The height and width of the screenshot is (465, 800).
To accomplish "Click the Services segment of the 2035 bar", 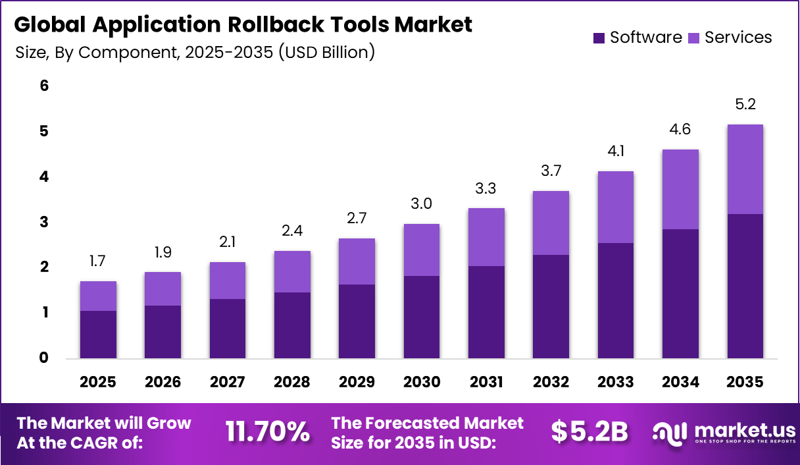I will [745, 169].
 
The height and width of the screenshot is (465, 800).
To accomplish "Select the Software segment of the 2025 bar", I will [98, 335].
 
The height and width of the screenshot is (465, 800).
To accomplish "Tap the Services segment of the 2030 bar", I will [421, 250].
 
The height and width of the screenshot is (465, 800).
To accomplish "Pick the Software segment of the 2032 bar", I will [551, 306].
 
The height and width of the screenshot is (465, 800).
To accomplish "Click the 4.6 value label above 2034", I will [681, 129].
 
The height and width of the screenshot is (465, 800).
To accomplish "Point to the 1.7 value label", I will [98, 262].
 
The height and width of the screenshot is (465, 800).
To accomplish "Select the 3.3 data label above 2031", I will [486, 188].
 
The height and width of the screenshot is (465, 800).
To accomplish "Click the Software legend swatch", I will [599, 38].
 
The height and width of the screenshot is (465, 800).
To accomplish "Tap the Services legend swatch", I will [694, 38].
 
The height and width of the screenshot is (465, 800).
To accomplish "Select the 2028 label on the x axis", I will [292, 382].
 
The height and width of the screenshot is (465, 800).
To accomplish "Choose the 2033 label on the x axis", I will [616, 382].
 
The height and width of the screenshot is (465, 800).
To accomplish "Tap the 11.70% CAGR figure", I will [268, 431].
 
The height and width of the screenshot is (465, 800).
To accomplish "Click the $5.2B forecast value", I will [589, 431].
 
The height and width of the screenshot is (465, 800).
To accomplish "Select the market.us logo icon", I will [670, 431].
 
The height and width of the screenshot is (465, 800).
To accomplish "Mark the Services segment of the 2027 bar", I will [227, 281].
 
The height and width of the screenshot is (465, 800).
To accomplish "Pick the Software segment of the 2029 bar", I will [357, 321].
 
